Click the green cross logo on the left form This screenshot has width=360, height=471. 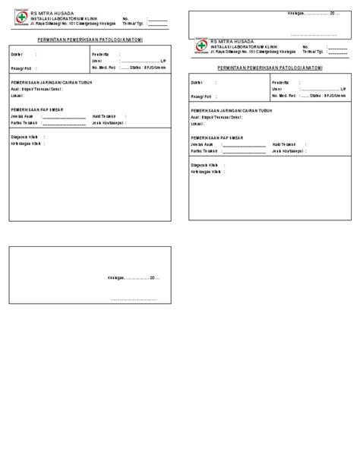click(x=20, y=19)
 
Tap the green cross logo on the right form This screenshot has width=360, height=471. click(x=200, y=46)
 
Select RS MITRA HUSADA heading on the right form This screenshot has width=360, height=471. click(x=233, y=40)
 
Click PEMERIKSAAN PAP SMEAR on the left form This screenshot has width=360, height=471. click(x=37, y=109)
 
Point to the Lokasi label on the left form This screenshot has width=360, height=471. click(x=17, y=96)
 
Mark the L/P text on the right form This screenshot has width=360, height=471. click(x=343, y=89)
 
